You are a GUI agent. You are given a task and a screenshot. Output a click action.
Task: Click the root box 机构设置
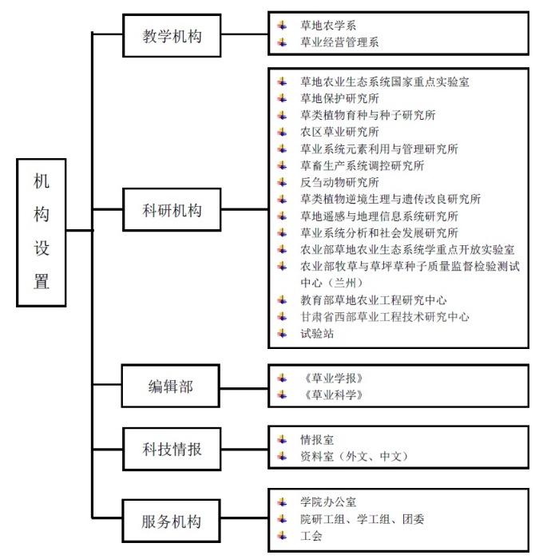pyautogui.click(x=42, y=232)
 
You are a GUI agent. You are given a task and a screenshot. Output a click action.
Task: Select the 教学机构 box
pyautogui.click(x=172, y=35)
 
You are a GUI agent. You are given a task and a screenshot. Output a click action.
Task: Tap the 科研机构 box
pyautogui.click(x=172, y=209)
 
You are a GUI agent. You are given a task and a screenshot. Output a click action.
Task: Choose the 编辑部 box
pyautogui.click(x=171, y=386)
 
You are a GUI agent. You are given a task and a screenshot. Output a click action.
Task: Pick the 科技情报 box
pyautogui.click(x=172, y=449)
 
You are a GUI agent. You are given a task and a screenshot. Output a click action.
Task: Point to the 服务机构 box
pyautogui.click(x=171, y=521)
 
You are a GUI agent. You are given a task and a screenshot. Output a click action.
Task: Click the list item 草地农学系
pyautogui.click(x=328, y=26)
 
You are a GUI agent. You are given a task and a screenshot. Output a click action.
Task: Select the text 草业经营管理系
pyautogui.click(x=339, y=42)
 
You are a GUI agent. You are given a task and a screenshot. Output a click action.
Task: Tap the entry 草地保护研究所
pyautogui.click(x=339, y=98)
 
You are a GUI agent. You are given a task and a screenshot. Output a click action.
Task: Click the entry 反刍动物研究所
pyautogui.click(x=339, y=182)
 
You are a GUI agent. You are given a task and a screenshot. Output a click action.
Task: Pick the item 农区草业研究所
pyautogui.click(x=339, y=132)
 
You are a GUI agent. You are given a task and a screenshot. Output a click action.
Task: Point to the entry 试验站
pyautogui.click(x=317, y=333)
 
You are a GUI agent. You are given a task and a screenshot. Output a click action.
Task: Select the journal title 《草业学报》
pyautogui.click(x=333, y=378)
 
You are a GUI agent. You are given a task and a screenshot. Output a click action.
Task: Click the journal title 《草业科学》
pyautogui.click(x=333, y=394)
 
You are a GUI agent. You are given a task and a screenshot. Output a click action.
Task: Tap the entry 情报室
pyautogui.click(x=317, y=439)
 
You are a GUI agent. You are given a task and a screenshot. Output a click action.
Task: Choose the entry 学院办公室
pyautogui.click(x=328, y=502)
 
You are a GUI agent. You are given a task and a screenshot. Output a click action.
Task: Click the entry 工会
pyautogui.click(x=311, y=536)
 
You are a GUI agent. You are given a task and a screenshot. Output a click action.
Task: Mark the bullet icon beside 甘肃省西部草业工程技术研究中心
pyautogui.click(x=283, y=316)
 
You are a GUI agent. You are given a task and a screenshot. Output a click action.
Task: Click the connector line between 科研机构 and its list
pyautogui.click(x=244, y=209)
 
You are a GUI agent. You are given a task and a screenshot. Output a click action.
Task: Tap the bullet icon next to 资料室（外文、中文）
pyautogui.click(x=283, y=456)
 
